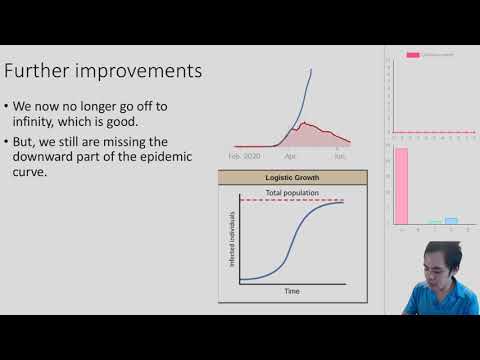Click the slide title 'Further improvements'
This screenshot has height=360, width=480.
[104, 73]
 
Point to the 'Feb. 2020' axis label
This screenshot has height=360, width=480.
[244, 157]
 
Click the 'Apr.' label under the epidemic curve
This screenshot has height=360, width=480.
[290, 157]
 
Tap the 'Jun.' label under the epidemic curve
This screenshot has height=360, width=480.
[340, 157]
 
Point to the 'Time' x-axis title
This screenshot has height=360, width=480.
[291, 291]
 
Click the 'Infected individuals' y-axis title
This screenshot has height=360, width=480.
[231, 241]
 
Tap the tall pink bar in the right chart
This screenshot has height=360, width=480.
[401, 186]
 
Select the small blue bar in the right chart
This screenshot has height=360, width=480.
[451, 220]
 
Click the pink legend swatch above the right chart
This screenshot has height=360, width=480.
[412, 55]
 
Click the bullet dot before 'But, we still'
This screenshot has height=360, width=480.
[8, 140]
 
